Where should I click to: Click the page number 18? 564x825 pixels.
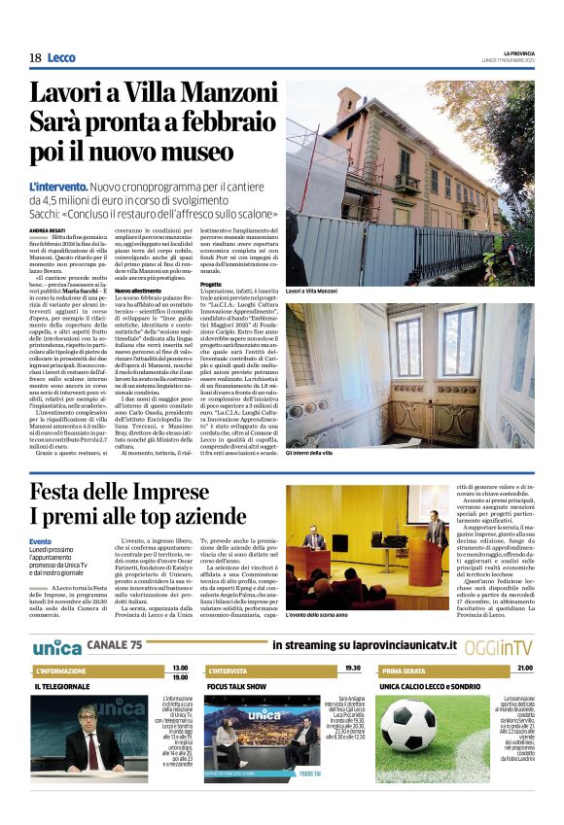point(35,58)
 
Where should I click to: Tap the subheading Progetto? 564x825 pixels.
point(211,284)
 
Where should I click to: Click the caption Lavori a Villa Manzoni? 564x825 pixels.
point(311,291)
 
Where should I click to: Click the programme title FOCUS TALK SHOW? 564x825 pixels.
point(237,686)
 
